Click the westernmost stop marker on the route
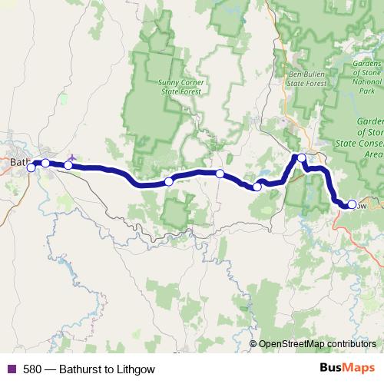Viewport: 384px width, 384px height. pyautogui.click(x=31, y=167)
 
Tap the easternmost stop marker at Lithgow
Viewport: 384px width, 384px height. pyautogui.click(x=352, y=205)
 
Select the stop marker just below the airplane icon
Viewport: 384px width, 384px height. pyautogui.click(x=68, y=165)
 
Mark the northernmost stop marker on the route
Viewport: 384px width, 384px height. pyautogui.click(x=302, y=158)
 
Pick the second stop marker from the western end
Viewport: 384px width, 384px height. pyautogui.click(x=45, y=163)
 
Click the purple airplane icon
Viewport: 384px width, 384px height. pyautogui.click(x=72, y=156)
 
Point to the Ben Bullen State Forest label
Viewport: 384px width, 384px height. pyautogui.click(x=306, y=79)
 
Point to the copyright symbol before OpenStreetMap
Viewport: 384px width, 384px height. pyautogui.click(x=253, y=344)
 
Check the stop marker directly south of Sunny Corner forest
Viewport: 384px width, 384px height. pyautogui.click(x=169, y=182)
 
